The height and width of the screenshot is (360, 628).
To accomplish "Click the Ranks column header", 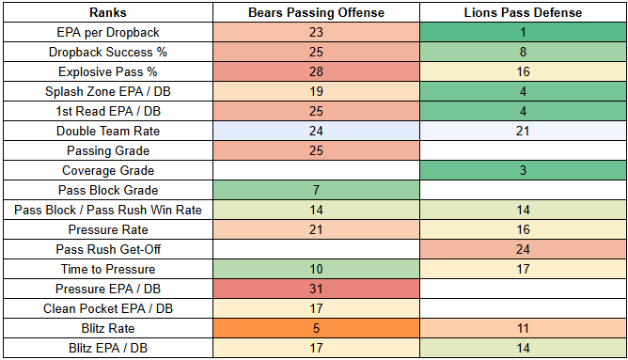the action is [x=108, y=12].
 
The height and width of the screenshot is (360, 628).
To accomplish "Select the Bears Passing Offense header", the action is [x=316, y=12].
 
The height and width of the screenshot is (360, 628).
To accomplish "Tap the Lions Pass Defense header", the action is [x=523, y=12].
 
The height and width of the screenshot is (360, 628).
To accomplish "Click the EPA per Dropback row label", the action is [x=108, y=32].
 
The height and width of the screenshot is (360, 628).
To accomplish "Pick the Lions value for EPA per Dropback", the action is [x=523, y=32].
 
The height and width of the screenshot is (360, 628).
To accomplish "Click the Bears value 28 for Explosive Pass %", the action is [x=316, y=71].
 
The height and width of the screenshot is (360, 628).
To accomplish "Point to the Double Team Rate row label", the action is [x=108, y=131].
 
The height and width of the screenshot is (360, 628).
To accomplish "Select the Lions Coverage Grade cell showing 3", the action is [x=523, y=170].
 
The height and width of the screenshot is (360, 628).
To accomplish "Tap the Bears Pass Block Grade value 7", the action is [x=316, y=190].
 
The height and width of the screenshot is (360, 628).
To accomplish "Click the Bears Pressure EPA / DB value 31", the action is [x=316, y=289].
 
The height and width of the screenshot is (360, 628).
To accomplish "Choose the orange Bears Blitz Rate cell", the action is [x=316, y=328].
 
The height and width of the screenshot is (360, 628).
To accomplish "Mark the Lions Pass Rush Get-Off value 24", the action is [x=523, y=249].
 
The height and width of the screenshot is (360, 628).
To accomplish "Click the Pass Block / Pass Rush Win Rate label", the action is [x=108, y=210].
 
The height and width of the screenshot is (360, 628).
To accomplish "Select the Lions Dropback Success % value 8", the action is [x=523, y=52].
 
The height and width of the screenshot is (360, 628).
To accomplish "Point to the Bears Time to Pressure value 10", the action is [x=316, y=269].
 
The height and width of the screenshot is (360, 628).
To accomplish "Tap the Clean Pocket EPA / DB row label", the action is [x=108, y=308].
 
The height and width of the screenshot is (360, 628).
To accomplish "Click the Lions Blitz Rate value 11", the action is [x=523, y=328].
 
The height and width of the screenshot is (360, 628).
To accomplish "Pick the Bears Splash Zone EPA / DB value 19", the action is [x=316, y=91].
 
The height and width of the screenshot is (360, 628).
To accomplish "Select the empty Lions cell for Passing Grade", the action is [x=523, y=150].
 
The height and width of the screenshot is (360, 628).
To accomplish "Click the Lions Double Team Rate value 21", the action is [x=523, y=131].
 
